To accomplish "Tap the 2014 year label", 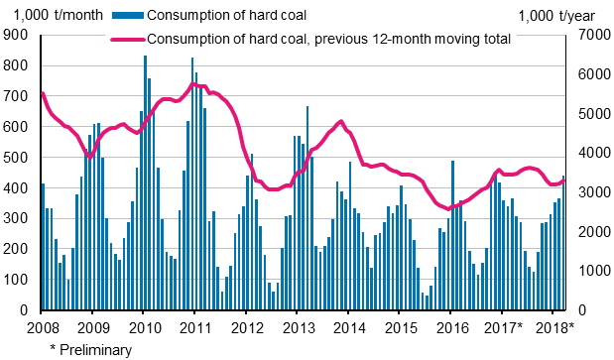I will point(349,327).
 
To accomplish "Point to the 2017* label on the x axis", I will point(506,327).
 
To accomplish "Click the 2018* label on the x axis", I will point(557,327).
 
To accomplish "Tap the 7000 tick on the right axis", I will point(586,35).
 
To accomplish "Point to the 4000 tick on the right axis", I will point(586,153).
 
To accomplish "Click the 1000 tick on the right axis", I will point(586,271).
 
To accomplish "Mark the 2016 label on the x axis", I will point(451,327).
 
